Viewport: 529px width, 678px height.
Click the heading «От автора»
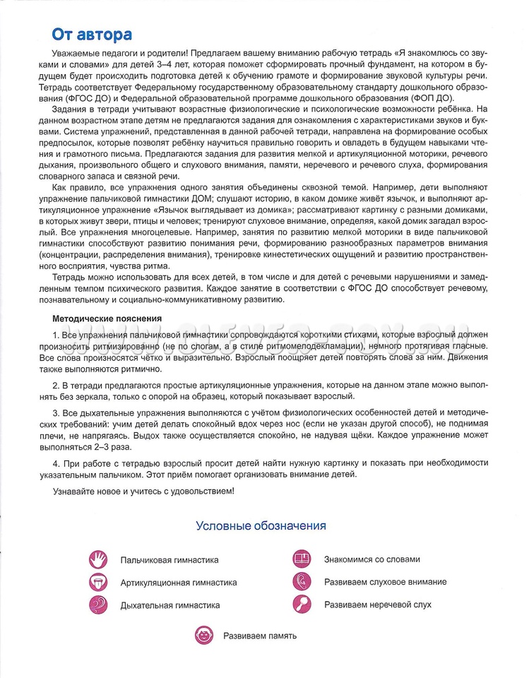point(91,35)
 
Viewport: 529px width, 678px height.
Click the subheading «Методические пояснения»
point(107,319)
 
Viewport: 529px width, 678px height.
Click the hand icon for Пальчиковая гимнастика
point(98,559)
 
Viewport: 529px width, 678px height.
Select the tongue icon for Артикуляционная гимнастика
point(98,582)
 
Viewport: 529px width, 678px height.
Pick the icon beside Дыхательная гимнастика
point(98,605)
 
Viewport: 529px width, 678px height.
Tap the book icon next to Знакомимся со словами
point(302,559)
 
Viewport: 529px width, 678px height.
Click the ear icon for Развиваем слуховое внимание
point(302,581)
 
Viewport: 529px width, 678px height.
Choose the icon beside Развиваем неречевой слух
point(302,604)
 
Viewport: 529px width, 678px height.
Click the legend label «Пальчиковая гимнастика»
point(170,560)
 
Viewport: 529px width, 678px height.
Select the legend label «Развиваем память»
point(260,636)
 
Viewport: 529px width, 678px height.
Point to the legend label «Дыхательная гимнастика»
point(170,605)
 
